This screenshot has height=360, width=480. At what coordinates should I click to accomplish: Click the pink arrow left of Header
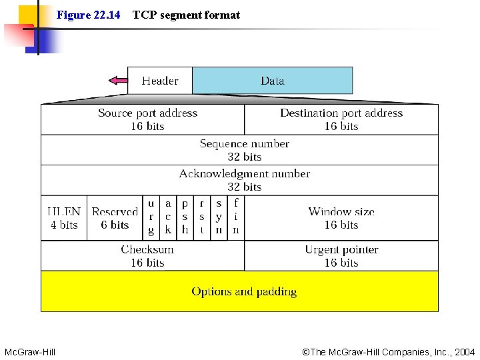(118, 81)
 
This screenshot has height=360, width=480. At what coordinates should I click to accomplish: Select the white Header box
(160, 81)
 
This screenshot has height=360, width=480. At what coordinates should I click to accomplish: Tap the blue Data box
(272, 81)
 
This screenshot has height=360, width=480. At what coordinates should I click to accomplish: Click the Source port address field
(143, 119)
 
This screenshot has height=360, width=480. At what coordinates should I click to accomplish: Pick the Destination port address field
(341, 119)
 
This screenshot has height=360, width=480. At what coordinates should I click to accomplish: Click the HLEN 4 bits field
(64, 218)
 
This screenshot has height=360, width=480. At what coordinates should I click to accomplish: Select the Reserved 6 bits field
(115, 218)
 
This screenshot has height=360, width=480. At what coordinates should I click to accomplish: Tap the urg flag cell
(151, 217)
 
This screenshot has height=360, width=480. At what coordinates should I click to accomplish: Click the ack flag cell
(168, 217)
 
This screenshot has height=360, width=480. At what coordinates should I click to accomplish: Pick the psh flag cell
(185, 217)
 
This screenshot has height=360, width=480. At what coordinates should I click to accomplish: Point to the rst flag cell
(202, 217)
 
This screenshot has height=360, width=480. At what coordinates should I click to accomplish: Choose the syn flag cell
(219, 217)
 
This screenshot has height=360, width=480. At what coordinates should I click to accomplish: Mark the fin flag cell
(236, 217)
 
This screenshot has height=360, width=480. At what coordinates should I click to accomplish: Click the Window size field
(341, 218)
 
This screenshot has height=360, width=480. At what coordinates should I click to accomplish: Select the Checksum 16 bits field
(143, 256)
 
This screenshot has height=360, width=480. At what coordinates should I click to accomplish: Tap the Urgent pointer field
(341, 256)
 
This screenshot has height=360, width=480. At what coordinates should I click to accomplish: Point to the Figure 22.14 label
(89, 15)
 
